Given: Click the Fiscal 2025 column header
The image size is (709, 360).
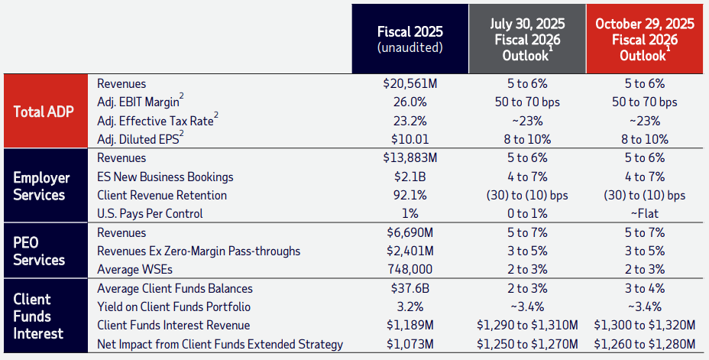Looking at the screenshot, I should [x=410, y=39].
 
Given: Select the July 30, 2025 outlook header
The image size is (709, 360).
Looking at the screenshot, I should [x=526, y=39].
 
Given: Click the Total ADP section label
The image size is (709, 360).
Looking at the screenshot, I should [x=44, y=112].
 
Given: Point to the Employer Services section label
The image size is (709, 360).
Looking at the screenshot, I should [x=41, y=186].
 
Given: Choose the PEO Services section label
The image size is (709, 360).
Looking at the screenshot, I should [x=39, y=251].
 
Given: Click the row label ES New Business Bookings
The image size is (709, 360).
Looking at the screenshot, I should [x=165, y=177].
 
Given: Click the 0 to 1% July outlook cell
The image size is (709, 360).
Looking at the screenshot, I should [x=526, y=213].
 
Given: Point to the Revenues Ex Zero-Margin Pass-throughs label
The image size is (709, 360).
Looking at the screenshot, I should [x=199, y=251].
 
